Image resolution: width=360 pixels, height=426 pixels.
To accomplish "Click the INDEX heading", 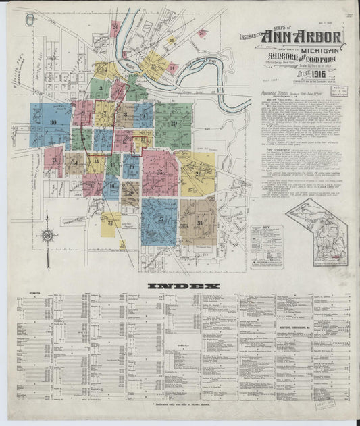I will click(184, 286).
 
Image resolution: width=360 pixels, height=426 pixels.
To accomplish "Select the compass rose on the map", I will click(47, 236).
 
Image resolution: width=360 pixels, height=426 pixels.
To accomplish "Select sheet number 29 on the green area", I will click(174, 123).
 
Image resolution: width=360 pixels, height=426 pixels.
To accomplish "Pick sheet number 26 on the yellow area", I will click(199, 174).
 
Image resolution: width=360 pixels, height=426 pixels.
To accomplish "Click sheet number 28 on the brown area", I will click(199, 222).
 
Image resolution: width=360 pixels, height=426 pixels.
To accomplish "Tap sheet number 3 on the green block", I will click(100, 88).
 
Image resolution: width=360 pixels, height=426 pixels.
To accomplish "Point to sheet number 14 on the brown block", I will click(74, 163).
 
